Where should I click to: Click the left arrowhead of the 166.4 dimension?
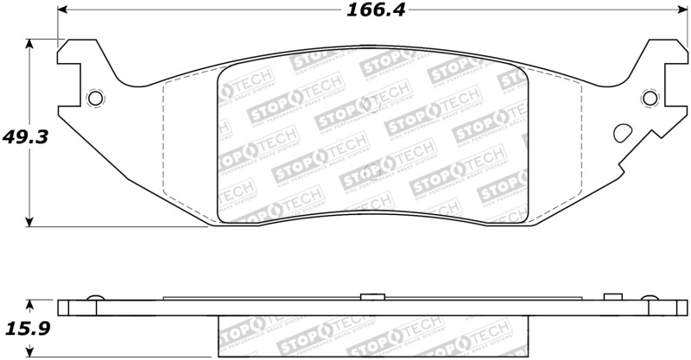click(x=62, y=11)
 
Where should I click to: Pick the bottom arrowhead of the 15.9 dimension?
click(x=30, y=354)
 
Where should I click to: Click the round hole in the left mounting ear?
click(x=96, y=98)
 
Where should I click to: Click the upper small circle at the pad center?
click(x=372, y=104)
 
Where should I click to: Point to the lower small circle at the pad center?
click(x=372, y=168)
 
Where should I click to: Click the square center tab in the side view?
click(x=371, y=298)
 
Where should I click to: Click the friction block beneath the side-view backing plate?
click(x=372, y=337)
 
